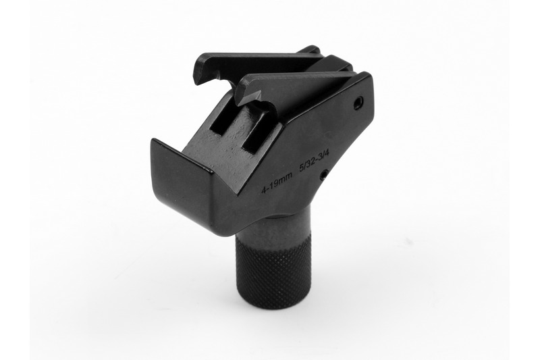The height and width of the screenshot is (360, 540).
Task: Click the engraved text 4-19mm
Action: tap(277, 182)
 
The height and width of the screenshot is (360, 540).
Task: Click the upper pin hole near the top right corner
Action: tap(359, 102)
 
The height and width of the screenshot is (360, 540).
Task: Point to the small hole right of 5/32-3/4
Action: tap(324, 176)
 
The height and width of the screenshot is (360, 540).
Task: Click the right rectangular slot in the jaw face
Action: tap(256, 132)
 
